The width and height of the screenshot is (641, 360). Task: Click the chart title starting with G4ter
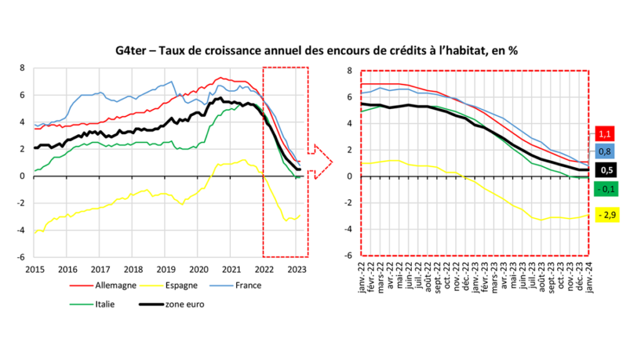click(x=320, y=50)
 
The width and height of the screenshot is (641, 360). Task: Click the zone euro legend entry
click(x=186, y=306)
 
